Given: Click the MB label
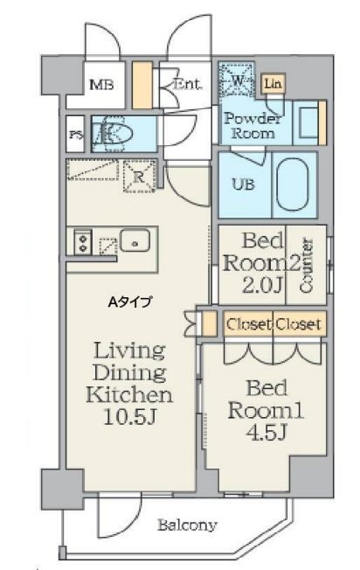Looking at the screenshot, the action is [x=101, y=85].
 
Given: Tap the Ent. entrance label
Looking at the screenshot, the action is [x=187, y=84].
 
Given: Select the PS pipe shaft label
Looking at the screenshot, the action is [x=76, y=135].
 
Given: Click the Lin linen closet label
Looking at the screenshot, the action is [x=273, y=84].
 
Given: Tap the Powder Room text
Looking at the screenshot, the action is [x=253, y=126].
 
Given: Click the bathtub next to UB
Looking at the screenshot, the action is [x=294, y=184].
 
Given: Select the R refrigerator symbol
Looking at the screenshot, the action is [x=138, y=177].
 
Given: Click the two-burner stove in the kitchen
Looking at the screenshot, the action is [x=83, y=241].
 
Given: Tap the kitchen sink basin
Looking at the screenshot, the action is [x=135, y=240].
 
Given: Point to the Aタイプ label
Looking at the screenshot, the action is [x=130, y=302].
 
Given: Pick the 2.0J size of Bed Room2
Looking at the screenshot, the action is [x=261, y=285].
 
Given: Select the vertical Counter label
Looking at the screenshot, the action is [x=307, y=265].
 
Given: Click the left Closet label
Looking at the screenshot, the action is [x=248, y=323].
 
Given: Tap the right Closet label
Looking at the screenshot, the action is [x=298, y=323].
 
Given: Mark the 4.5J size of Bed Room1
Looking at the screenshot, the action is [x=267, y=432].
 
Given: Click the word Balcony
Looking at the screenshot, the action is [x=187, y=525].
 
